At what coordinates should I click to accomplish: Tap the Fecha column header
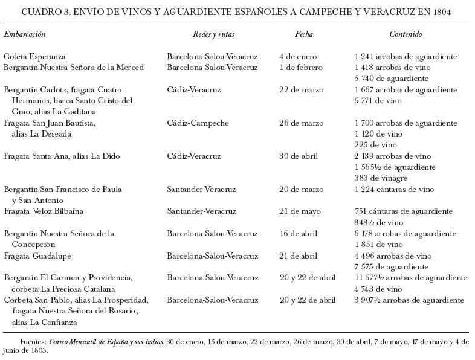(x=304, y=34)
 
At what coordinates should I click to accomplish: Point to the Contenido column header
(x=406, y=34)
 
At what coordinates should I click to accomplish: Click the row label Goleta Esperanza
(x=34, y=57)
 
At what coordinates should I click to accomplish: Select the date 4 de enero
(x=298, y=57)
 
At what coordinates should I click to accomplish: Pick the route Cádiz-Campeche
(x=198, y=123)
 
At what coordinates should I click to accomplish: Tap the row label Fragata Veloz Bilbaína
(x=44, y=211)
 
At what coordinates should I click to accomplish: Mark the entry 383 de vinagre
(x=381, y=178)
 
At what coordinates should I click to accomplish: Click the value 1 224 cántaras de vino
(x=394, y=190)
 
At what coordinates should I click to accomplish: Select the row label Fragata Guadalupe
(x=37, y=256)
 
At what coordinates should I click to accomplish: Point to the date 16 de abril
(x=299, y=234)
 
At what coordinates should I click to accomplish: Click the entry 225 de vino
(x=376, y=145)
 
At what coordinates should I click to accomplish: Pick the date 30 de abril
(x=299, y=156)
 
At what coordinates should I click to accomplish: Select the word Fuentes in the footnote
(x=33, y=342)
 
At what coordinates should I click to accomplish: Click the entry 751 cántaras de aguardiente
(x=404, y=211)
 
